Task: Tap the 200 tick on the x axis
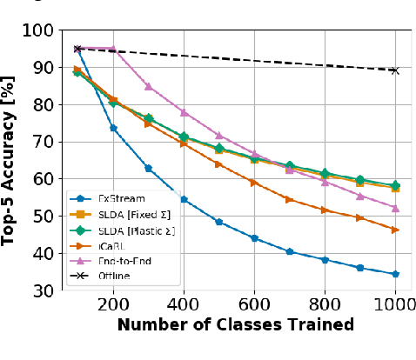(x=112, y=304)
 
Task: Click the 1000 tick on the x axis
(x=394, y=304)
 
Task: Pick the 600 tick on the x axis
(x=254, y=304)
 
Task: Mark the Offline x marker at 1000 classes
(x=395, y=70)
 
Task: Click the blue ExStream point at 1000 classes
(x=395, y=274)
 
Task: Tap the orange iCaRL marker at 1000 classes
(x=395, y=230)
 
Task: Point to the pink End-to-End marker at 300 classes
(x=148, y=86)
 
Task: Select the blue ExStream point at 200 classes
(x=113, y=128)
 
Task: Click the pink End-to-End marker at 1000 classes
(x=395, y=208)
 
